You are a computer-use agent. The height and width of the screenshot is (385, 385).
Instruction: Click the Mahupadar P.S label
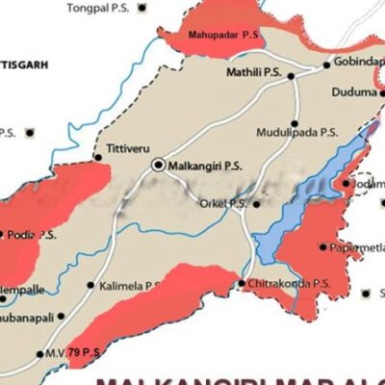(x=224, y=34)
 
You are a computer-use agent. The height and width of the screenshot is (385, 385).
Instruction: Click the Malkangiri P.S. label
(x=203, y=166)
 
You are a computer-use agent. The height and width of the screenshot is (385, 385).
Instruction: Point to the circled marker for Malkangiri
(x=158, y=166)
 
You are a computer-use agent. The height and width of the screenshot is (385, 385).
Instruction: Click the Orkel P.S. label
(x=222, y=203)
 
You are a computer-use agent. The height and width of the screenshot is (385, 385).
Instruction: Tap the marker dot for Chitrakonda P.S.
(x=241, y=283)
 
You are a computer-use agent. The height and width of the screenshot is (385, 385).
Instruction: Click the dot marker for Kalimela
(x=90, y=285)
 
